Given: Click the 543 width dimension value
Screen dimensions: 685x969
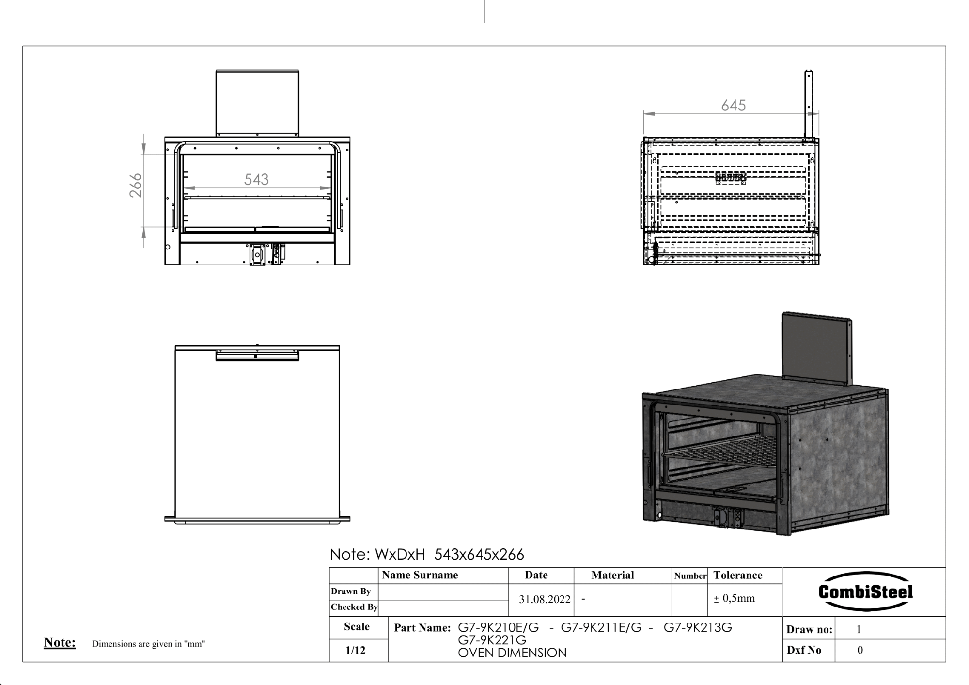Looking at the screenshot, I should [256, 180].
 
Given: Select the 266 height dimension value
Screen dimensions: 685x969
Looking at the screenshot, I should [136, 186].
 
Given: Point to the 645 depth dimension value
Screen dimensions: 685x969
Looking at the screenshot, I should [733, 106].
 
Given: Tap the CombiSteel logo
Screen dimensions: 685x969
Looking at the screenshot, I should [865, 592].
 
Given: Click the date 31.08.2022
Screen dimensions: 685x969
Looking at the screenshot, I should [545, 599].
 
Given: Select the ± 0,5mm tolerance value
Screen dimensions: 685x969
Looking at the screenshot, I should [734, 598].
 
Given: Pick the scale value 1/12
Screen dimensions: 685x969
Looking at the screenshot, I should [355, 650].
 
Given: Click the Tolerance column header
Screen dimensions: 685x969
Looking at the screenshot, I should [737, 575].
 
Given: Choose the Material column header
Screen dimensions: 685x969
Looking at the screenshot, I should [612, 575].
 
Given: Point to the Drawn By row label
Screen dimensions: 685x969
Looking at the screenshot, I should [351, 591].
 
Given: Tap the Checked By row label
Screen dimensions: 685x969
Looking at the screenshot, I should [354, 607].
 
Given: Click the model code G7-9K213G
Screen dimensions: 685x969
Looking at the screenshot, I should [697, 628].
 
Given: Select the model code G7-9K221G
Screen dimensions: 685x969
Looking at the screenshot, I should [492, 640].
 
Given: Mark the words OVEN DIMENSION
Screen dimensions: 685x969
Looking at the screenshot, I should [512, 653].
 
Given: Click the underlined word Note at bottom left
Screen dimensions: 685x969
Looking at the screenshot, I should [60, 642].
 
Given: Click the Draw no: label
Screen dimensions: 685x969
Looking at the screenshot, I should [809, 629].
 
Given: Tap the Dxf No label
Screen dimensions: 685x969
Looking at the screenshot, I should [804, 650].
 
